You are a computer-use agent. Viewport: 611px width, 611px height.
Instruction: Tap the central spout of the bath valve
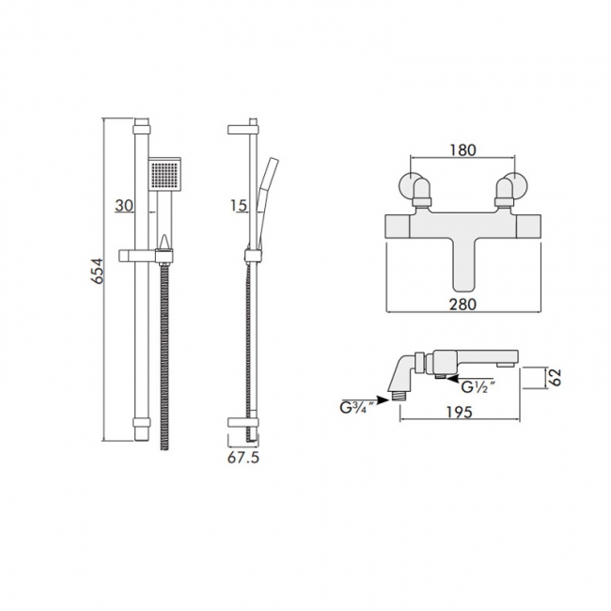[462, 263]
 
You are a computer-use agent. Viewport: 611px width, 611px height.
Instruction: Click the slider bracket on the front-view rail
[147, 254]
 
